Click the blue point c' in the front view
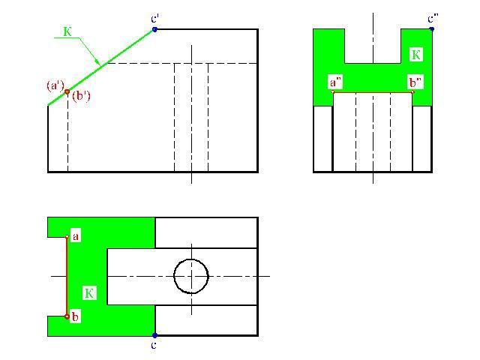(x=154, y=29)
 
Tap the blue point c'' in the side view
(x=432, y=29)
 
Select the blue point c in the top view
(x=154, y=335)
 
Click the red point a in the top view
(x=67, y=237)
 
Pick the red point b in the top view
(x=67, y=316)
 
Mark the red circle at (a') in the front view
(x=67, y=91)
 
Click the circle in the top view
(x=190, y=275)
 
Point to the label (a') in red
(x=55, y=85)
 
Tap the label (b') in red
(x=81, y=96)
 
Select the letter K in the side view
(x=417, y=55)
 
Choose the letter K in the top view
(x=88, y=292)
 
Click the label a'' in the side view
(x=335, y=82)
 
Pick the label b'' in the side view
(x=415, y=82)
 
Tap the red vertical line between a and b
(x=67, y=277)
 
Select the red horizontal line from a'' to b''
(x=373, y=92)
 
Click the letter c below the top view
(x=154, y=345)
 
